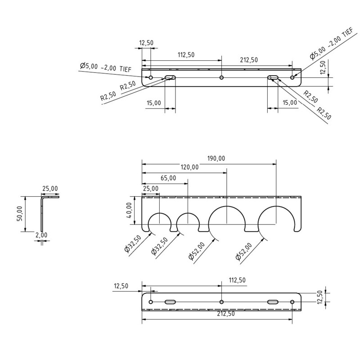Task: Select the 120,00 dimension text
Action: [189, 167]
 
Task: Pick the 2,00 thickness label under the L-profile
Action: [41, 235]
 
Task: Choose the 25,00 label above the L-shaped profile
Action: [49, 189]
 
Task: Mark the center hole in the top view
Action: [221, 78]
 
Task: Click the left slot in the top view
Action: [170, 78]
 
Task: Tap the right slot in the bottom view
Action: [273, 301]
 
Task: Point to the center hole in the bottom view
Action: [221, 301]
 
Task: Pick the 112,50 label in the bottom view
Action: [237, 280]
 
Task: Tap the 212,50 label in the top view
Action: [249, 60]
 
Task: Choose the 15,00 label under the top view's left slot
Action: [153, 103]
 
